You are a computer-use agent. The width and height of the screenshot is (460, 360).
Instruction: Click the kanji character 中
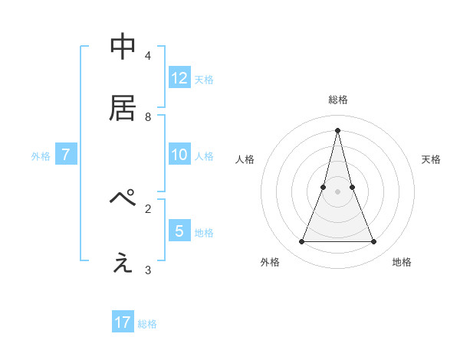coord(123,47)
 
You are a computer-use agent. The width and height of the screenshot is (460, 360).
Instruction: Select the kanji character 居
coord(123,109)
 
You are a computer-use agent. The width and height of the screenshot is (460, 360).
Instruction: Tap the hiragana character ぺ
coord(123,198)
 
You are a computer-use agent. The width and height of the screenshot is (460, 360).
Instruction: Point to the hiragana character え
coord(123,263)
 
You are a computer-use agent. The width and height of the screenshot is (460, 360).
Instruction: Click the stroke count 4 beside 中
coord(148,56)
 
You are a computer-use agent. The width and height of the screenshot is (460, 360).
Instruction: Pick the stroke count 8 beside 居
coord(148,117)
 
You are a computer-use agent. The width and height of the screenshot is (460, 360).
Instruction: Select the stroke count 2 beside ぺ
coord(148,208)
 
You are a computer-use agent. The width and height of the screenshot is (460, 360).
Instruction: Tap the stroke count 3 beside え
coord(148,270)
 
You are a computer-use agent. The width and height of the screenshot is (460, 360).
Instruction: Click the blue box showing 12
coord(179,78)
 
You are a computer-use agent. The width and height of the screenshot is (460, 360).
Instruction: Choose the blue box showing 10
coord(179,155)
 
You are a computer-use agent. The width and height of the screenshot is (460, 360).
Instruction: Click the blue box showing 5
coord(179,231)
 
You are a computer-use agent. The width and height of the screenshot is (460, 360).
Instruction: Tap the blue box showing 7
coord(66,155)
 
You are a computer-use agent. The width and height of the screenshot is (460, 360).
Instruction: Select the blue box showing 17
coord(123,322)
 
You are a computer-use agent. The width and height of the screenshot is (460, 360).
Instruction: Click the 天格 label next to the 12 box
coord(204,80)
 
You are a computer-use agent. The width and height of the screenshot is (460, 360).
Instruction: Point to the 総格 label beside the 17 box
coord(147,324)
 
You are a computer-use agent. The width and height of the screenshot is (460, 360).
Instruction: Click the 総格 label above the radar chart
coord(338,100)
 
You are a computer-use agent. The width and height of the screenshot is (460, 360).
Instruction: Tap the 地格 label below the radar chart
coord(402,262)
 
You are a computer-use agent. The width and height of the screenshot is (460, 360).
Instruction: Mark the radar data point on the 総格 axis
coord(337,129)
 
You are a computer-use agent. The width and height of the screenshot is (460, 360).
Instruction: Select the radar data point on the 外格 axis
coord(301,242)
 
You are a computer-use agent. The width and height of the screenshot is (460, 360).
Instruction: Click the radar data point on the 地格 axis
coord(374,242)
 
